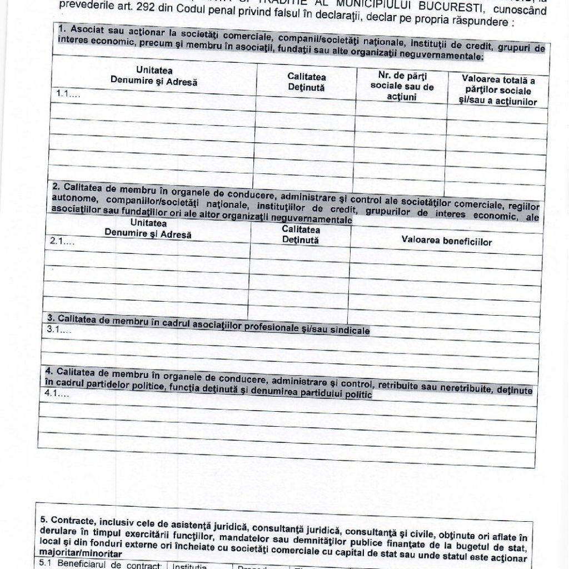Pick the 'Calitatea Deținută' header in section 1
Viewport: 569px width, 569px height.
pos(306,82)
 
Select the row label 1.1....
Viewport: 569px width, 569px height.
pos(68,94)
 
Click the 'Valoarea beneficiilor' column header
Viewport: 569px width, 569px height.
pos(446,241)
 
